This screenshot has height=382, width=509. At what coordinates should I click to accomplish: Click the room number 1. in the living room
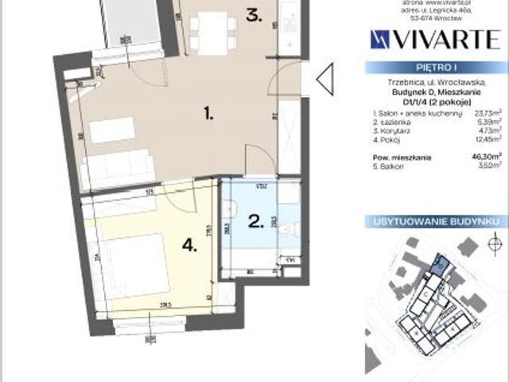[208, 115]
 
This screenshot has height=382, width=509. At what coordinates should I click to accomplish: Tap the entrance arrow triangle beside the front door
[323, 78]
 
